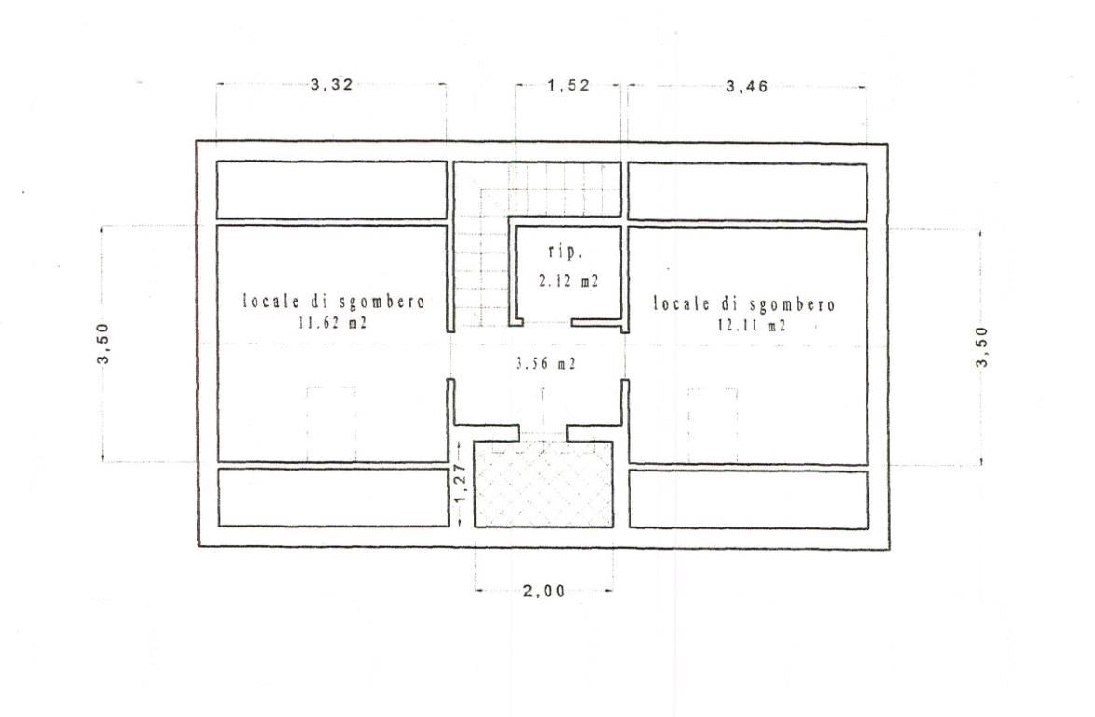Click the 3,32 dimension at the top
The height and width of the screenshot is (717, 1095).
tap(332, 85)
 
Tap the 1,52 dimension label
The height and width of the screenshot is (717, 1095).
tap(568, 86)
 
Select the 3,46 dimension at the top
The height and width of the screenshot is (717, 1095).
tap(747, 87)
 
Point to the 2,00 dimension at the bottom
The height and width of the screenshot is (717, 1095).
tap(544, 591)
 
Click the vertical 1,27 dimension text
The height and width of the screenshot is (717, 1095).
tap(460, 484)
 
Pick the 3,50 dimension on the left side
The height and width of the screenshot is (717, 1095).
tap(104, 344)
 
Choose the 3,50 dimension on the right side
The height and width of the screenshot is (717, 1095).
tap(982, 346)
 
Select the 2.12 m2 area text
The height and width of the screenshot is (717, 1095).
tap(569, 281)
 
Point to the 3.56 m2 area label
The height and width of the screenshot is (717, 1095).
tap(546, 363)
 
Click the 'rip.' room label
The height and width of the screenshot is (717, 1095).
tap(565, 252)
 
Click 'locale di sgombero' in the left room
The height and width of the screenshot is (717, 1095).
tap(334, 302)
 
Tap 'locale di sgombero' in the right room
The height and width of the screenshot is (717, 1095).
tap(744, 304)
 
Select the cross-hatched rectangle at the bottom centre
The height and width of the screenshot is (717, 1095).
tap(544, 485)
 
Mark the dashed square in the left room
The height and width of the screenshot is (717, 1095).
tap(331, 424)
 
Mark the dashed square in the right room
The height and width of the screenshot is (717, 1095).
tap(713, 425)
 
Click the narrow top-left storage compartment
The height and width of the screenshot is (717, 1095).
tap(332, 190)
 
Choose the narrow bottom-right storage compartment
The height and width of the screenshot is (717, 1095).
tap(749, 499)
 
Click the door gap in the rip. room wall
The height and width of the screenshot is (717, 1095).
tap(547, 323)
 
